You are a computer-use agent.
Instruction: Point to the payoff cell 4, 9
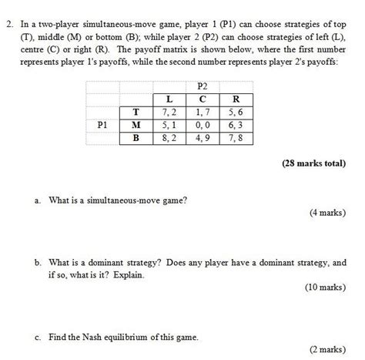coord(202,137)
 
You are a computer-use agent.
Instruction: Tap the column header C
coord(202,98)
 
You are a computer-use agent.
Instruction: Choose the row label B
coord(136,137)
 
